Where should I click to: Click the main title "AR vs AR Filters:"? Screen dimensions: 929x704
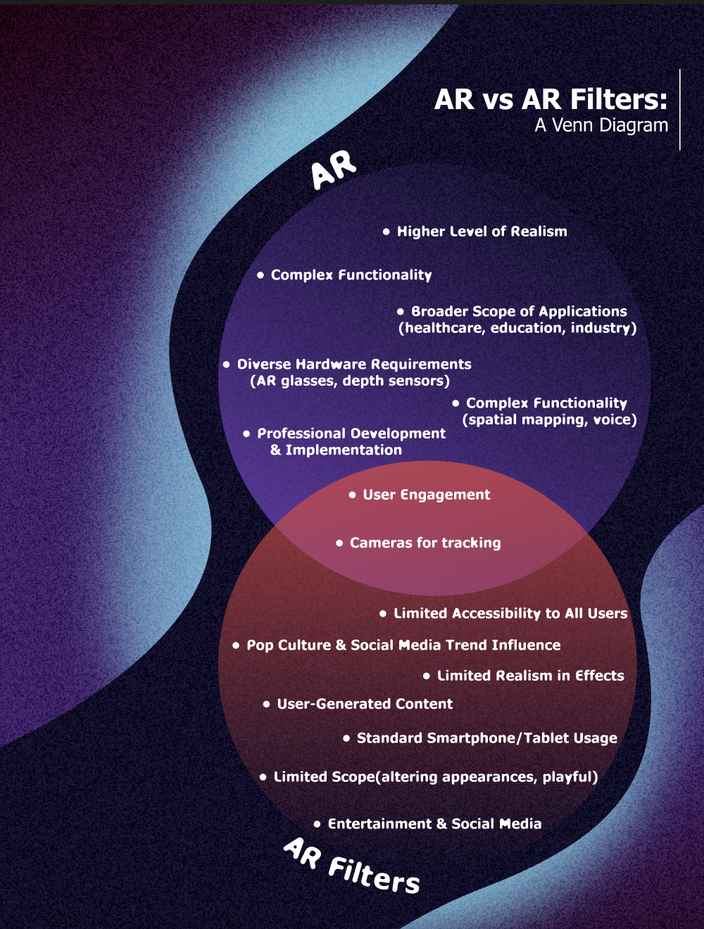pos(551,99)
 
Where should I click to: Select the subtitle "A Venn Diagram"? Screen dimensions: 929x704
pos(601,125)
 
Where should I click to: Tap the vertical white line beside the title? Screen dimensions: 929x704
pos(680,109)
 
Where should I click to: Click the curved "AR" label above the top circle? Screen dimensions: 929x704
pos(334,170)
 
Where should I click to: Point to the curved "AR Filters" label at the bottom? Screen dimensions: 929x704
pos(352,866)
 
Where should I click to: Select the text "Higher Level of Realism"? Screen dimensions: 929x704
pos(482,232)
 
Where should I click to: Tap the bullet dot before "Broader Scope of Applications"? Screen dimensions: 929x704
pos(401,311)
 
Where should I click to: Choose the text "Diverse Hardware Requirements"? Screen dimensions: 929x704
pos(354,365)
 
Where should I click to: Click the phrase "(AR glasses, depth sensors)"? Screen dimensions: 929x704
pos(350,381)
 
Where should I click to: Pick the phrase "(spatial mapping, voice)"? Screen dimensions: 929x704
pos(549,419)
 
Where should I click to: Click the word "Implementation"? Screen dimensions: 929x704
pos(344,450)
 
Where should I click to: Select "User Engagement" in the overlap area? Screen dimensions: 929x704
pos(427,495)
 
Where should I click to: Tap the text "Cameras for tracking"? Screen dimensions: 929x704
pos(425,543)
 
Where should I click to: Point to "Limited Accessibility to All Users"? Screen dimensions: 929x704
pos(510,614)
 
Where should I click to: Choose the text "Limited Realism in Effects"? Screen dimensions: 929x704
pos(531,676)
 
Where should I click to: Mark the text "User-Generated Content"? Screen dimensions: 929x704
pos(365,704)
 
